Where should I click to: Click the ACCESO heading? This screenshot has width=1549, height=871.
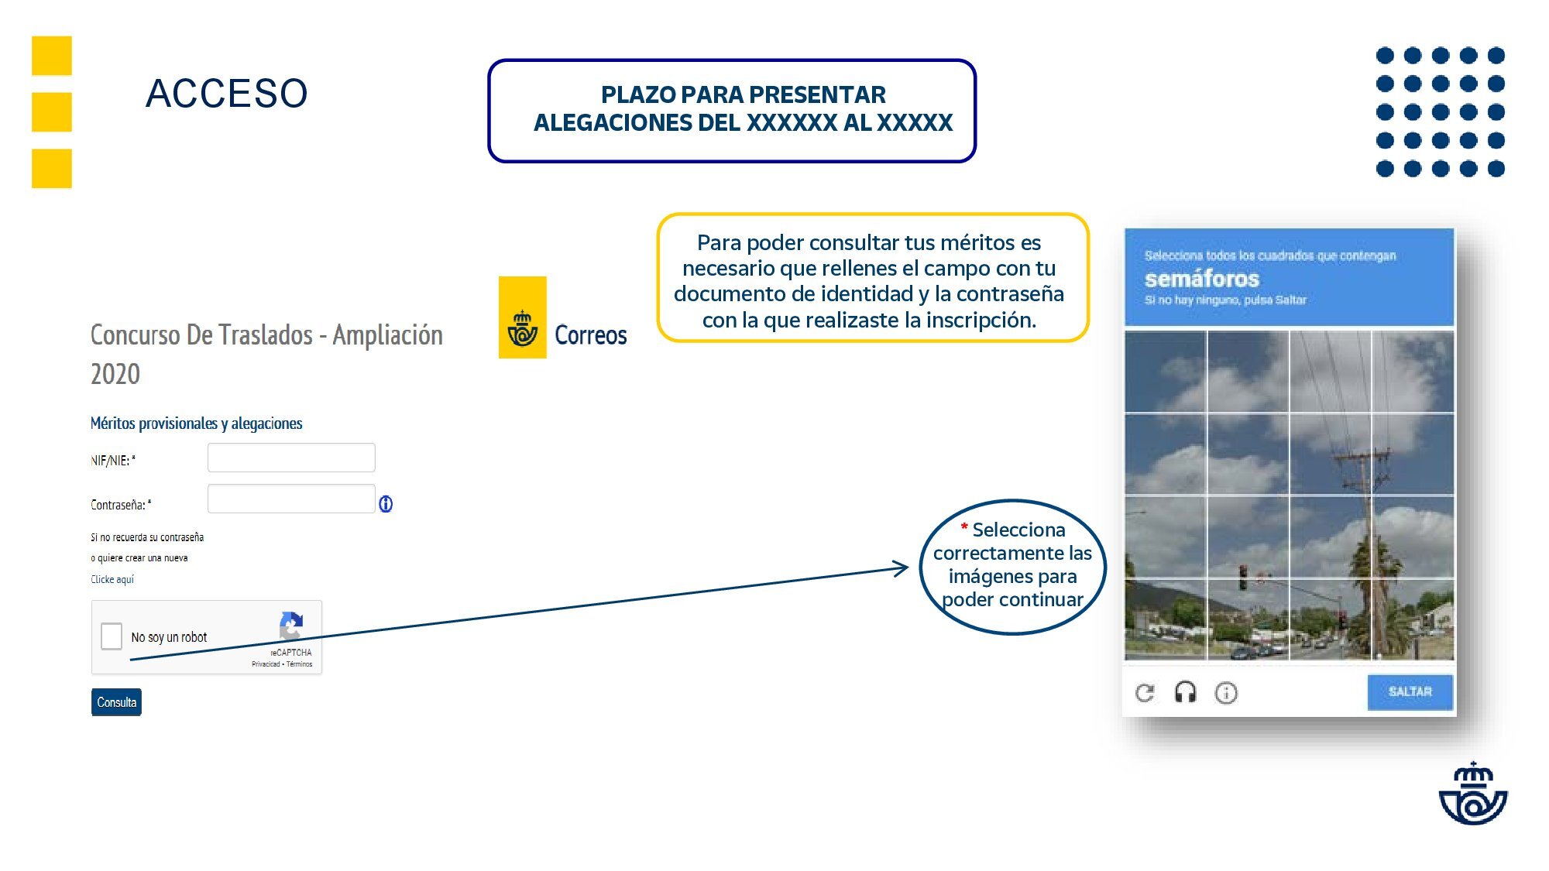click(x=226, y=94)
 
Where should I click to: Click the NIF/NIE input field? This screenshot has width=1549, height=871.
click(x=291, y=458)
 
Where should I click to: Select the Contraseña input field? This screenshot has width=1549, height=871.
click(x=291, y=499)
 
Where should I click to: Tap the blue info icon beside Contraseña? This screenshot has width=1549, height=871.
click(x=386, y=504)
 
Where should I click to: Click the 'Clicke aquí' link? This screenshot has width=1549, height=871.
click(x=112, y=579)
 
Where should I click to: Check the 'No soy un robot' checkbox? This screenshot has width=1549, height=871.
click(x=112, y=636)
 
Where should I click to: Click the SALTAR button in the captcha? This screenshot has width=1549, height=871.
click(x=1410, y=691)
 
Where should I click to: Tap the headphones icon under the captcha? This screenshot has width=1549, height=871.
click(x=1185, y=692)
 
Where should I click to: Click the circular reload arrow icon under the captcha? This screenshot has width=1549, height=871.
click(x=1145, y=692)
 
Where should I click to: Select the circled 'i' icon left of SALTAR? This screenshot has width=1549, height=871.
click(x=1226, y=692)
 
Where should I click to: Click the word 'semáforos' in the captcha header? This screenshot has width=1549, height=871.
click(x=1201, y=279)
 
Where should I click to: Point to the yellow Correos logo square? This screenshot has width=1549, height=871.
click(x=523, y=317)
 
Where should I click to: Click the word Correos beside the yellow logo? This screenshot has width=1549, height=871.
click(x=590, y=335)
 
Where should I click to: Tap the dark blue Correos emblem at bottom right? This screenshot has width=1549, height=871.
click(x=1473, y=794)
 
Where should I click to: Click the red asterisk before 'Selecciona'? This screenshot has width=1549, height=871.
click(x=964, y=528)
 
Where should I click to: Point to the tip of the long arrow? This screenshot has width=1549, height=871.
click(x=907, y=568)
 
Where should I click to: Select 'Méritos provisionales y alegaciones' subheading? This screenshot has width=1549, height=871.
click(x=196, y=423)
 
